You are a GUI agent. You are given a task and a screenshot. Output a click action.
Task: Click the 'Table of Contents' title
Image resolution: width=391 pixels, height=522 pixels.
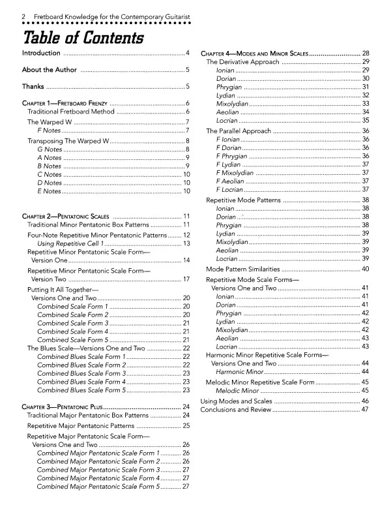click(83, 37)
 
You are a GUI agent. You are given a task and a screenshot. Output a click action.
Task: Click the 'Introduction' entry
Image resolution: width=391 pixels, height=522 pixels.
click(42, 53)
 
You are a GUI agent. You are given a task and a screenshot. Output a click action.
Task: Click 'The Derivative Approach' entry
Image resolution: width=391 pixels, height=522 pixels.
click(243, 62)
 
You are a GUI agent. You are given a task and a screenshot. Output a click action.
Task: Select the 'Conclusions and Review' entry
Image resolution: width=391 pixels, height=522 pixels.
click(235, 410)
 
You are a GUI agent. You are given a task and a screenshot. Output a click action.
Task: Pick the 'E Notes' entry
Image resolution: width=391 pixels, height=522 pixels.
click(50, 191)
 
